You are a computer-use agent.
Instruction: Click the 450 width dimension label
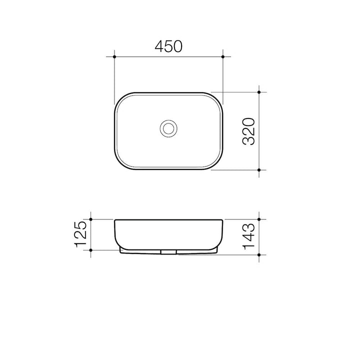[x=168, y=46]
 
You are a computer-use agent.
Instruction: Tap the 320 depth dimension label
[x=249, y=131]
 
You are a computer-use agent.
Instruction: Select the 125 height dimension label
[x=80, y=234]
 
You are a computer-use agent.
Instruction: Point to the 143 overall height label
[x=249, y=236]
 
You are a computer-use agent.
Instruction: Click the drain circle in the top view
[x=168, y=128]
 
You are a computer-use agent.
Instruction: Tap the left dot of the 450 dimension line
[x=114, y=56]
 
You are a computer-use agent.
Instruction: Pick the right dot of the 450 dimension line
[x=223, y=56]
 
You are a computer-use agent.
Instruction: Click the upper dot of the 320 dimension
[x=259, y=92]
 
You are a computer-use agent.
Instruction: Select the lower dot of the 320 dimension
[x=259, y=170]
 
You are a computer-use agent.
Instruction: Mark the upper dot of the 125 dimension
[x=90, y=219]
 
